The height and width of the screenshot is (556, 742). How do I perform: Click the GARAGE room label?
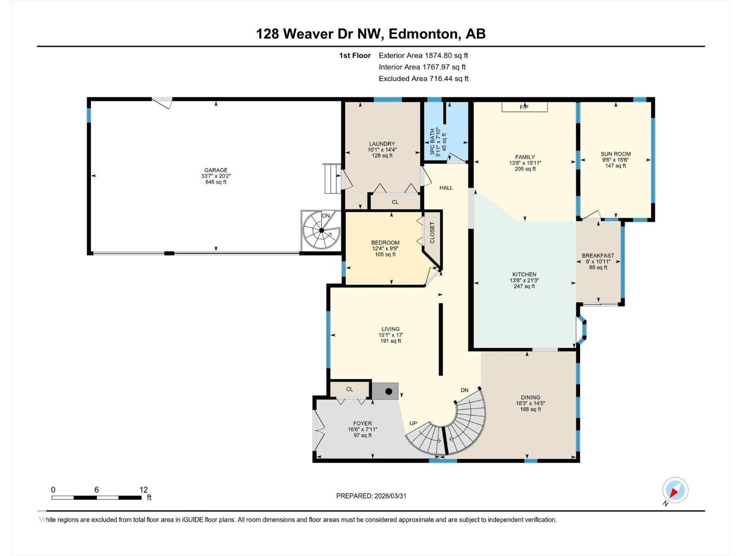216,170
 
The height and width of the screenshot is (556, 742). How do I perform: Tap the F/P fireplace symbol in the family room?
524,107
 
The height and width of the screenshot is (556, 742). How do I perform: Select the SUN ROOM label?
615,154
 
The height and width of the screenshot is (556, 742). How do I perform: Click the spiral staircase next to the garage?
321,231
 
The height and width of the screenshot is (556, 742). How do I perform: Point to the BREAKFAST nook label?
598,255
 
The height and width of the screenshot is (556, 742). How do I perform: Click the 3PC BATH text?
433,141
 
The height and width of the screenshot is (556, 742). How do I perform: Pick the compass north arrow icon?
675,490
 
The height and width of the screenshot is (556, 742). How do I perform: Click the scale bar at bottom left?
96,498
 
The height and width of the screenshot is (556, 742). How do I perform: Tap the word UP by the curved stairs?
413,423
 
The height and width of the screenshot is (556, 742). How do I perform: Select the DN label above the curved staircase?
464,390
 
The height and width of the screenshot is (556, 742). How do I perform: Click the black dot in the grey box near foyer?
389,392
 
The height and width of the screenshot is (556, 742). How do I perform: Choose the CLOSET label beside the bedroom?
432,233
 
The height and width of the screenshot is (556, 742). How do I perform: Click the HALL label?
446,188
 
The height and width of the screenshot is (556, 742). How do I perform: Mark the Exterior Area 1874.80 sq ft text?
423,55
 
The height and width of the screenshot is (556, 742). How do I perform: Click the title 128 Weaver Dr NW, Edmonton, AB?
371,34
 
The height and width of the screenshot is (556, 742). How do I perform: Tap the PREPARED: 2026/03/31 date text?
371,496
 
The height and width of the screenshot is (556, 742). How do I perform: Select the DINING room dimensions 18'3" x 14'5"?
530,403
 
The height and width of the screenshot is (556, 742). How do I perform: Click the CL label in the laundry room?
395,202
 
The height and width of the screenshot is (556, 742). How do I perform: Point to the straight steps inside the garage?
332,178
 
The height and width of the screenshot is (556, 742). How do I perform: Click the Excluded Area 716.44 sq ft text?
423,78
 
